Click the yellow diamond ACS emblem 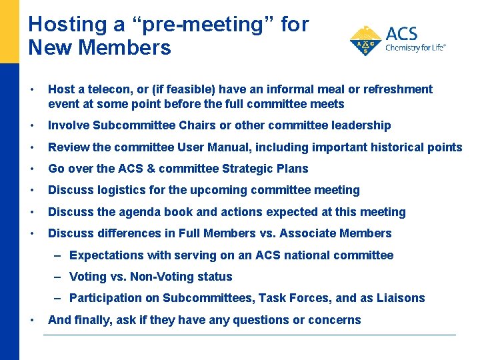pos(365,41)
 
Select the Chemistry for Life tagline pos(415,48)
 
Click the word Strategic pos(247,169)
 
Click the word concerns pos(331,320)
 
